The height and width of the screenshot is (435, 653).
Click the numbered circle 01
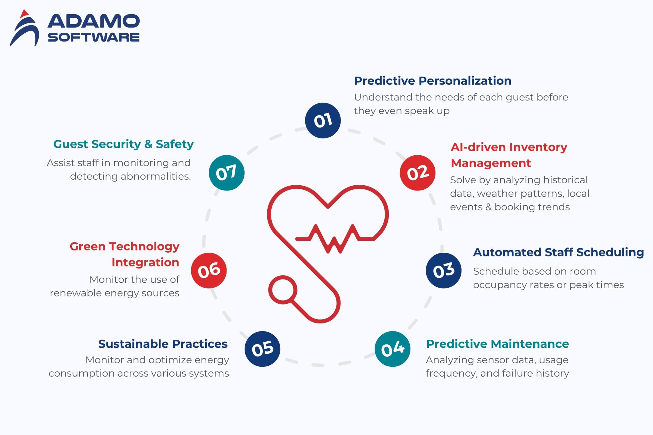(323, 120)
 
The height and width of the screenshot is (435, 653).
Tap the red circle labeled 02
(417, 173)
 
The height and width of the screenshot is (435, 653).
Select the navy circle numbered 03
(444, 271)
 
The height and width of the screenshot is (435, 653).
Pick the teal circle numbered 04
(392, 349)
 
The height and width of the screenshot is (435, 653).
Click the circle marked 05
(262, 349)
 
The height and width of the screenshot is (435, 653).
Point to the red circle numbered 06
(209, 271)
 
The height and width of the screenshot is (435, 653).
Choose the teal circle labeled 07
(227, 173)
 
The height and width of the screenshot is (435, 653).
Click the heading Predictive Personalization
(433, 81)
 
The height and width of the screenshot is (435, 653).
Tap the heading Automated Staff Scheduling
(558, 252)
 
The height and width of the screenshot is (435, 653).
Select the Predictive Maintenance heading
(497, 344)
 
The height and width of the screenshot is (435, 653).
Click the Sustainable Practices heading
(163, 344)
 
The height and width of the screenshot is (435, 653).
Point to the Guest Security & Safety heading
(123, 144)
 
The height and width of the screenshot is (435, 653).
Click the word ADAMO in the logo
(94, 21)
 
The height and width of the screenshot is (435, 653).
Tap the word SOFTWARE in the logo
(94, 37)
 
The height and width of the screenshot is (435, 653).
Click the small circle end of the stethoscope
(283, 290)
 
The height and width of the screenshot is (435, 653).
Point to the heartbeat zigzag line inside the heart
(335, 239)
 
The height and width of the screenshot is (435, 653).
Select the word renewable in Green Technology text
(76, 293)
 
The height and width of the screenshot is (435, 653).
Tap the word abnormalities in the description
(156, 176)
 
